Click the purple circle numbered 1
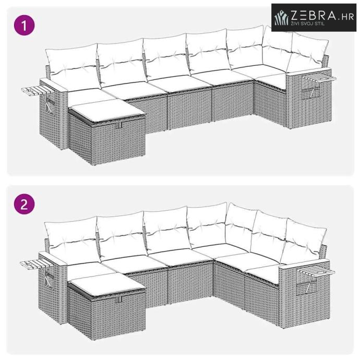25,25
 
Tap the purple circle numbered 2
25,204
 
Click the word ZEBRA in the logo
314,16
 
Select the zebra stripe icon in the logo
282,17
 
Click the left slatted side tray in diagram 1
39,90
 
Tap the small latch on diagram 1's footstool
118,125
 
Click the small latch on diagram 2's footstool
118,299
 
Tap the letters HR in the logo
347,17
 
